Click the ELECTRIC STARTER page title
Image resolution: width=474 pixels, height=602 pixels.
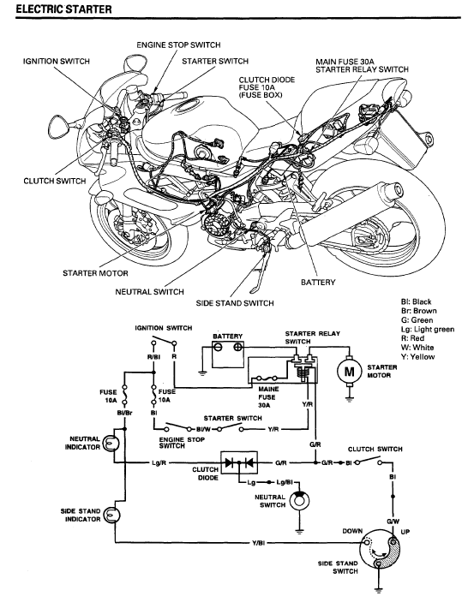pos(63,9)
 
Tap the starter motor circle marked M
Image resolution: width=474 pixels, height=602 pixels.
pos(349,371)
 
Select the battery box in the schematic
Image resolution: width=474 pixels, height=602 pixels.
pos(228,354)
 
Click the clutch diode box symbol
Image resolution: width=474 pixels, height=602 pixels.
pos(239,462)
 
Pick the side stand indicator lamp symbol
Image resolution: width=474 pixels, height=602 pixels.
pos(112,515)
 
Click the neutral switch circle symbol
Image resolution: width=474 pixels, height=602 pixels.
pos(299,501)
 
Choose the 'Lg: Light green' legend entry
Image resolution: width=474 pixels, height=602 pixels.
pos(428,329)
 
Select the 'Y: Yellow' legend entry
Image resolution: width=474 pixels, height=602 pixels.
pos(418,357)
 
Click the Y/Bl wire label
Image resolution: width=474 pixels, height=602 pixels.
pos(258,543)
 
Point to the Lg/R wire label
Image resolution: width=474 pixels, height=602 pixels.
pos(159,463)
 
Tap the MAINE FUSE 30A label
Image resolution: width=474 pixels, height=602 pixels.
pos(267,397)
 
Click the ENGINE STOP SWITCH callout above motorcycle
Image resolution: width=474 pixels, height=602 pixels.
pos(178,45)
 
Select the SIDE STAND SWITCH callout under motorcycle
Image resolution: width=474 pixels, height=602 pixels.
pos(235,303)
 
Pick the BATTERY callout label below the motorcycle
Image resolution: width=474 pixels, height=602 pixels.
pos(318,283)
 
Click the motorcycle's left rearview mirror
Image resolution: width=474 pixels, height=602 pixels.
pos(60,126)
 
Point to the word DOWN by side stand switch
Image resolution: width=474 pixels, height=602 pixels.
pos(352,531)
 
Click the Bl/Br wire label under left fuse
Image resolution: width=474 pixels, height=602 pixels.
pos(124,413)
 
